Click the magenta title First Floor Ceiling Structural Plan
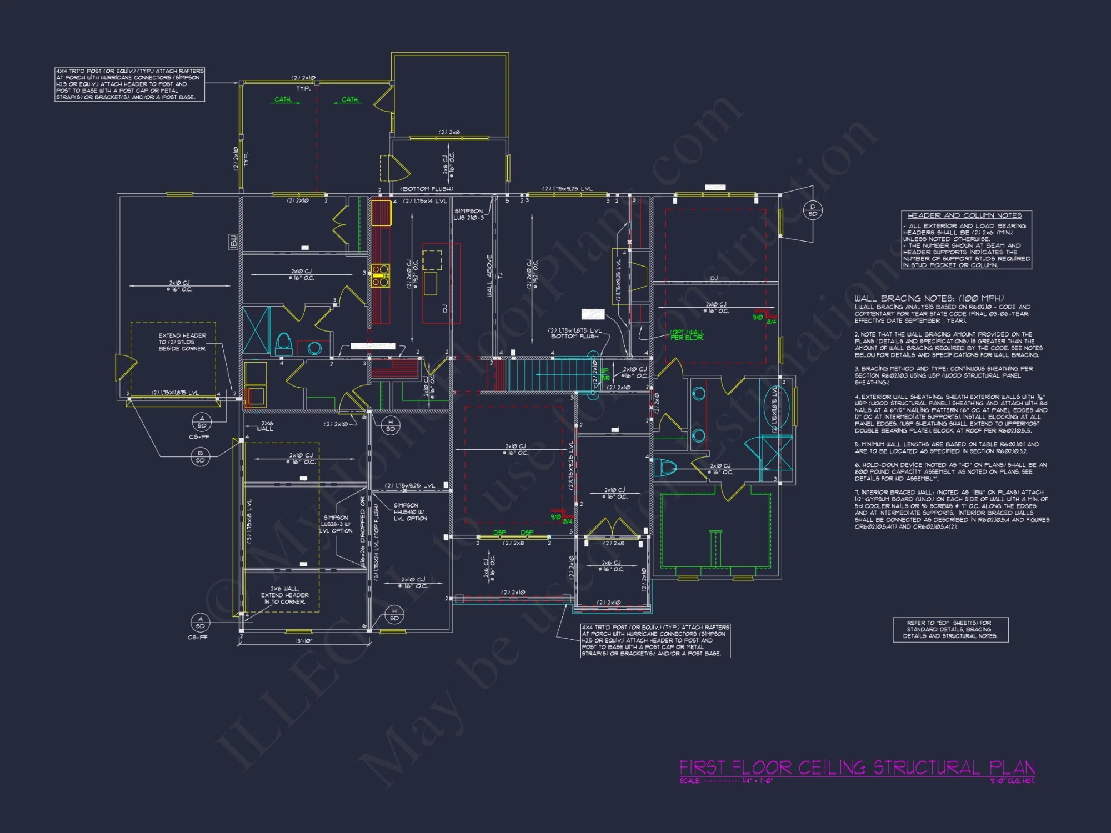pyautogui.click(x=857, y=767)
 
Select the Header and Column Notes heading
pyautogui.click(x=964, y=215)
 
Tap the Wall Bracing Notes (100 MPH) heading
pyautogui.click(x=929, y=298)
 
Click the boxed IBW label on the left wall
pyautogui.click(x=233, y=242)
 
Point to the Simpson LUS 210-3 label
pyautogui.click(x=469, y=214)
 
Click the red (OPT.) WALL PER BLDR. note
pyautogui.click(x=687, y=335)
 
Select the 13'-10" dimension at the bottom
pyautogui.click(x=304, y=641)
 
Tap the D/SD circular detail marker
pyautogui.click(x=813, y=210)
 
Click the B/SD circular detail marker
pyautogui.click(x=200, y=457)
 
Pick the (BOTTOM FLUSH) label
pyautogui.click(x=427, y=189)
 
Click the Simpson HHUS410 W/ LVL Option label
pyautogui.click(x=410, y=512)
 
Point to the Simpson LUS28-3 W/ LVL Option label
pyautogui.click(x=336, y=524)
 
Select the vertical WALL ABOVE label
pyautogui.click(x=489, y=276)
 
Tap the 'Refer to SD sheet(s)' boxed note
pyautogui.click(x=950, y=629)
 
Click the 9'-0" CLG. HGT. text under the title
pyautogui.click(x=1012, y=781)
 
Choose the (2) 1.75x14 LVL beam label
pyautogui.click(x=425, y=201)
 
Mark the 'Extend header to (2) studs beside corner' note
pyautogui.click(x=182, y=342)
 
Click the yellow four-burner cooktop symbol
pyautogui.click(x=381, y=276)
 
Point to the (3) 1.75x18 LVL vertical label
pyautogui.click(x=249, y=521)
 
